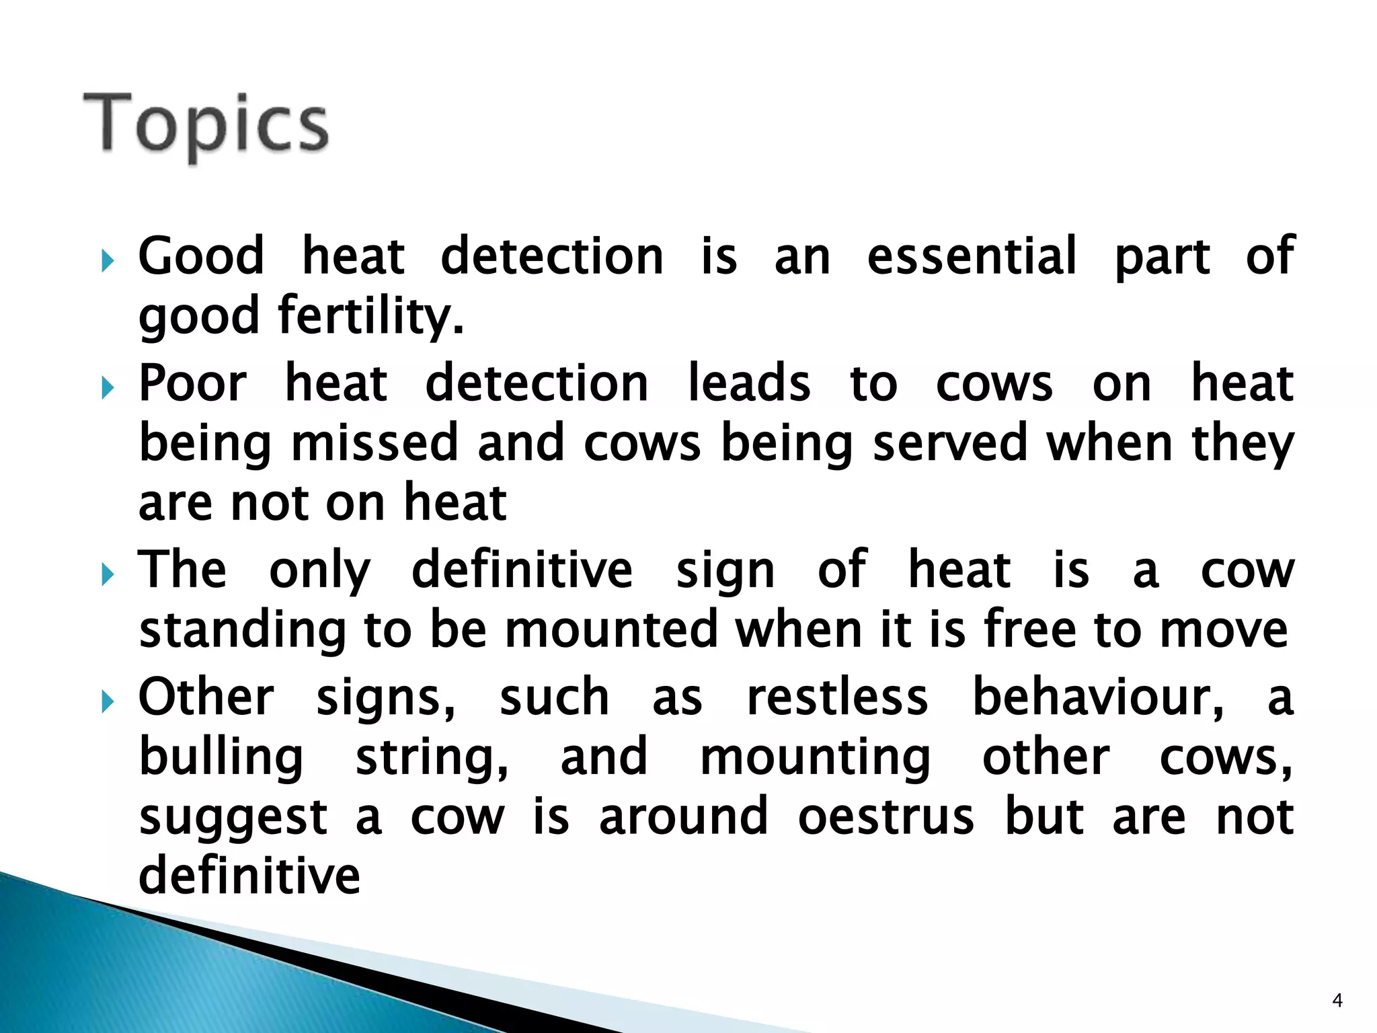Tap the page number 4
[x=1337, y=1001]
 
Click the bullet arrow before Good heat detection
[x=108, y=260]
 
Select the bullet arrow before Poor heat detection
[x=108, y=387]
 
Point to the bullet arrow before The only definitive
[x=108, y=574]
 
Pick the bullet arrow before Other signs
[x=108, y=701]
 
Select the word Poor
[x=193, y=383]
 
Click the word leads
[x=748, y=383]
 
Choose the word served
[x=950, y=443]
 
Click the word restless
[x=838, y=697]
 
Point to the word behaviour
[x=1098, y=697]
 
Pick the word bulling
[x=221, y=759]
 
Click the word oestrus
[x=886, y=816]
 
